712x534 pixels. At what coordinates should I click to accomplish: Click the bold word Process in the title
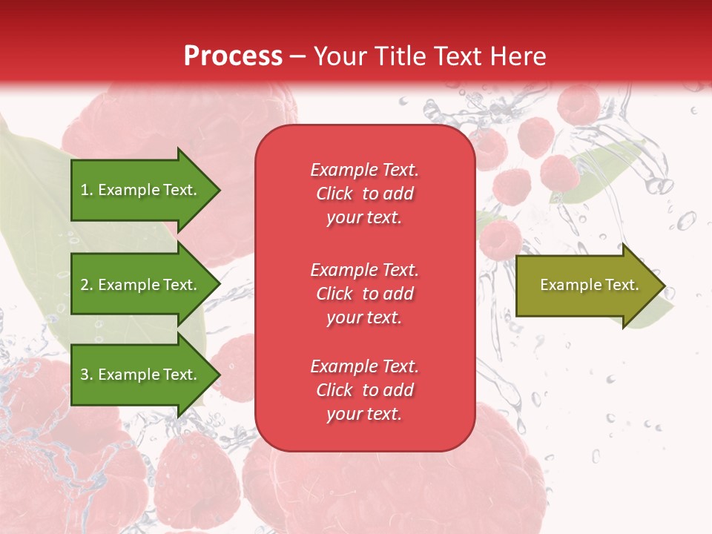tap(233, 56)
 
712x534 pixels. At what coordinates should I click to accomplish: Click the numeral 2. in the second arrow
tap(87, 285)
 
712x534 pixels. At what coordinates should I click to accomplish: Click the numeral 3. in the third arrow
tap(87, 375)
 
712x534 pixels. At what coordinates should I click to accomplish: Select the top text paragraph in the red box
tap(364, 194)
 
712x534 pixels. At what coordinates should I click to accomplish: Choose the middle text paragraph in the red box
tap(364, 294)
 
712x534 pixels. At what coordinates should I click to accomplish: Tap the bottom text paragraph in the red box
tap(364, 390)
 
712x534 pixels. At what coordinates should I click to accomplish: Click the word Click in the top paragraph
tap(334, 194)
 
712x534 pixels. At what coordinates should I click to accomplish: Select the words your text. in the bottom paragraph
tap(364, 414)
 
